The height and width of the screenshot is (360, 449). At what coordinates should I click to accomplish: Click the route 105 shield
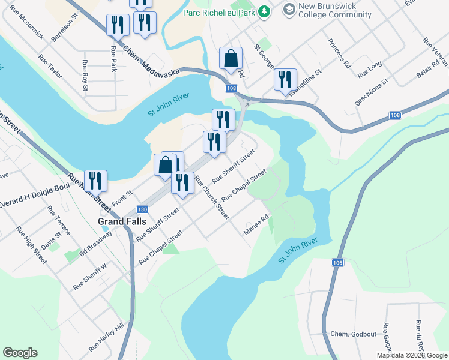(337, 262)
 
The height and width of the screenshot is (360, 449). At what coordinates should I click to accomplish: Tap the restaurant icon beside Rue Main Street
(95, 180)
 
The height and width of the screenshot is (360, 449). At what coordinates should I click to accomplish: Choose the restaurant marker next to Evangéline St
(285, 80)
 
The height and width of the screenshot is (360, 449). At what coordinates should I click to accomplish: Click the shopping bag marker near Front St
(164, 165)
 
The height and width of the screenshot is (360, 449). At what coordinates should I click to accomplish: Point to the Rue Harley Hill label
(106, 337)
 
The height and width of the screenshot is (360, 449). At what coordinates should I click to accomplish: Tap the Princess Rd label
(339, 53)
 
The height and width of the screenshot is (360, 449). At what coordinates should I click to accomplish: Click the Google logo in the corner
(20, 353)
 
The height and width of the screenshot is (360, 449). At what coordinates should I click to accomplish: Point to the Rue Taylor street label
(50, 67)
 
